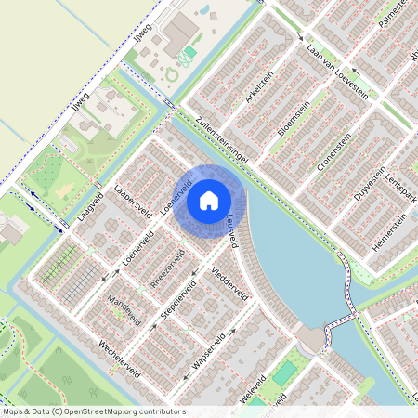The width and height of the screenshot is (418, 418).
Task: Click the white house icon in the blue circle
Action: [x=209, y=201]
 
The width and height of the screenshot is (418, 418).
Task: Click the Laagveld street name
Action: [x=90, y=214]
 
